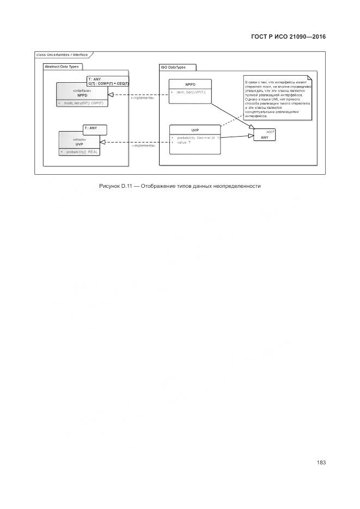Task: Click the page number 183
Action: (x=321, y=463)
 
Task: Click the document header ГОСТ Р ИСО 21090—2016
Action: (x=288, y=37)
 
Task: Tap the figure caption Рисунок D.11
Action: (x=180, y=186)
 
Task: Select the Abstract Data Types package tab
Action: (x=62, y=66)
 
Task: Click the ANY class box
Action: (x=265, y=135)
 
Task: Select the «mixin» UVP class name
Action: (x=79, y=144)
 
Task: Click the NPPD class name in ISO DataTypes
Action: (x=190, y=84)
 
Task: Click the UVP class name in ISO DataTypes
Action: (x=194, y=130)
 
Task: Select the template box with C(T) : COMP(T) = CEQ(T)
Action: (x=108, y=81)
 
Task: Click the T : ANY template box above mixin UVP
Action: (x=94, y=129)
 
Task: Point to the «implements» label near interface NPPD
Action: (x=143, y=98)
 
